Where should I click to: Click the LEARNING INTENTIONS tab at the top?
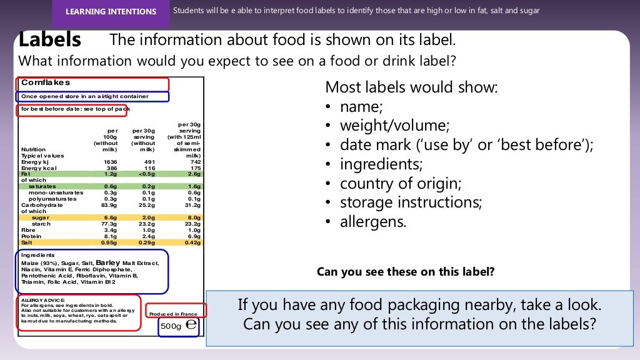click(x=111, y=12)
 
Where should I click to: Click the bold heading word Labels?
click(x=50, y=40)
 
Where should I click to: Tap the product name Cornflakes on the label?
click(x=46, y=82)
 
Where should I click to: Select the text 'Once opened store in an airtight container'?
click(x=85, y=96)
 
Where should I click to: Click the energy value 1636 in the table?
click(x=110, y=161)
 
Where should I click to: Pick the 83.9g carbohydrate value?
click(x=109, y=205)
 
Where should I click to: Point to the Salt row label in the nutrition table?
click(x=28, y=242)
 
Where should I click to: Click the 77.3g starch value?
click(x=109, y=224)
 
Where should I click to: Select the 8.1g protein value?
click(x=110, y=236)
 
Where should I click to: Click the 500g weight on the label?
click(x=171, y=326)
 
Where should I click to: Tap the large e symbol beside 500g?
click(x=191, y=324)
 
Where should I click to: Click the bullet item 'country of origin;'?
click(x=400, y=184)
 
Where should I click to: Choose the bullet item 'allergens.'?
click(x=373, y=222)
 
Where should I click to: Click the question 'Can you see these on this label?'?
click(x=406, y=272)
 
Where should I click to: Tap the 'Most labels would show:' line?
click(x=411, y=87)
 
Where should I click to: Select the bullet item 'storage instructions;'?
click(x=411, y=203)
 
